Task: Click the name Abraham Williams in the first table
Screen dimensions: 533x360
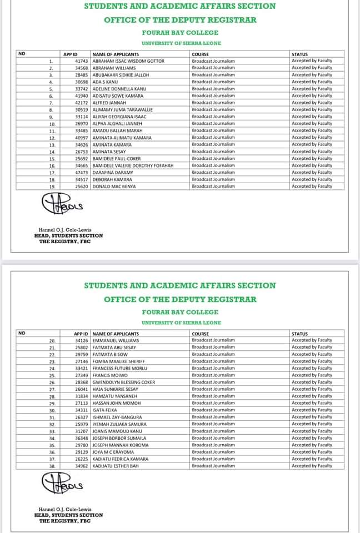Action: click(x=114, y=68)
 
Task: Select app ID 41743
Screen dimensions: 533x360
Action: click(x=82, y=61)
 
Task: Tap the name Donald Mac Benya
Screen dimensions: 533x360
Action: click(x=114, y=187)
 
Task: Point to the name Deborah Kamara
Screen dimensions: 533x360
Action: click(x=112, y=179)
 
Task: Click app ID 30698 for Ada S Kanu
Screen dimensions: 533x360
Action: click(x=82, y=82)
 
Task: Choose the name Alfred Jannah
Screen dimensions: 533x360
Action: click(x=108, y=103)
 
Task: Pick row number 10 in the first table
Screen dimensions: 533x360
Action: click(x=51, y=124)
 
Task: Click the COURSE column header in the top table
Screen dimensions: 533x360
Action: click(x=199, y=54)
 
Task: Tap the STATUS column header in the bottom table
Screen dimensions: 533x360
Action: click(x=299, y=333)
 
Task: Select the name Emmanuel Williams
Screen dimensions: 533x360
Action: click(x=116, y=340)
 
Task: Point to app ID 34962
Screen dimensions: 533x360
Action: click(x=82, y=466)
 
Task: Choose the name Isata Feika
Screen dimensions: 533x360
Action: click(x=104, y=410)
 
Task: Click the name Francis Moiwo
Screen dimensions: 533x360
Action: click(x=108, y=375)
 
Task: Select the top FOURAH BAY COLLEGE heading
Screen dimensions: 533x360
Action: click(x=179, y=33)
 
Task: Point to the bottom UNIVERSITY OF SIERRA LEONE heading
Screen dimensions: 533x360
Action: click(x=181, y=323)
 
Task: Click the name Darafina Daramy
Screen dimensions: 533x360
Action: click(x=113, y=173)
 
